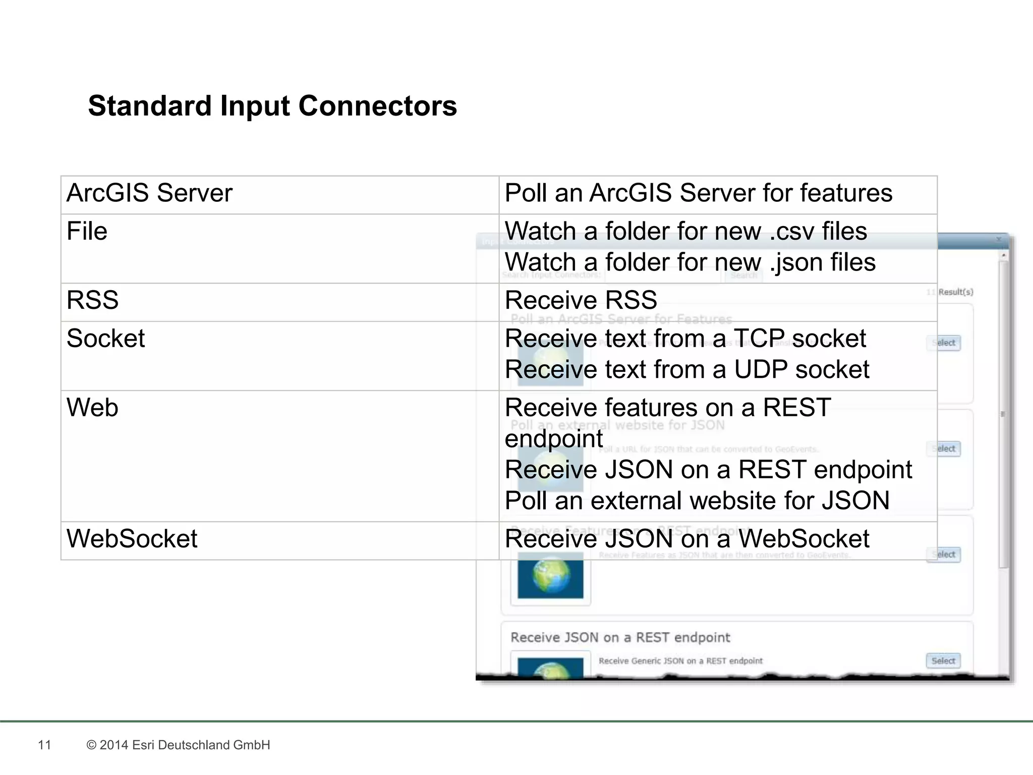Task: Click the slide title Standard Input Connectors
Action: (x=272, y=106)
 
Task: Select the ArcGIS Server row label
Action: (x=149, y=193)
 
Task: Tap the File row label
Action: (x=87, y=232)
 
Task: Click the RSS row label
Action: (x=92, y=300)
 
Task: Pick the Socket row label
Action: (x=105, y=339)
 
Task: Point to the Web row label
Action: (x=92, y=408)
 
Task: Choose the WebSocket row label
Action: (x=132, y=539)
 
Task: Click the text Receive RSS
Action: (x=581, y=300)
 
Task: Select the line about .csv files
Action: (x=685, y=232)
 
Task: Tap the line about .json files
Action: (x=690, y=263)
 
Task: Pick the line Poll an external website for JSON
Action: (x=697, y=501)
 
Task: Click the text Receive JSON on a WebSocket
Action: (x=686, y=539)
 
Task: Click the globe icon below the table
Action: (x=550, y=577)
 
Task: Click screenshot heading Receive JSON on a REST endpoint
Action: (x=620, y=638)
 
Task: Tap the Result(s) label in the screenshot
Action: (x=955, y=292)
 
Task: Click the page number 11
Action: (x=44, y=745)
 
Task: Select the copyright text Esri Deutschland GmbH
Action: (x=178, y=745)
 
